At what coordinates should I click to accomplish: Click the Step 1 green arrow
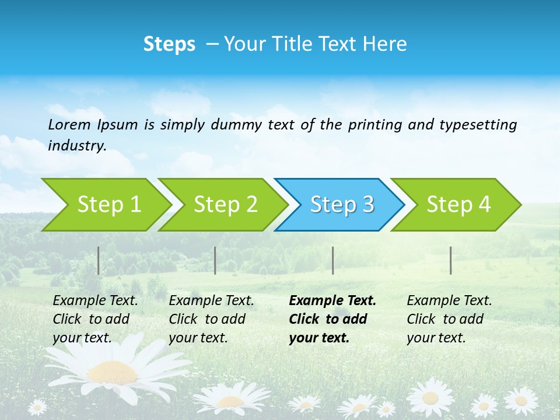click(x=108, y=205)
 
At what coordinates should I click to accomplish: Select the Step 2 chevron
click(x=225, y=205)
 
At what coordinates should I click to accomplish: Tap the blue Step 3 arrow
click(x=342, y=205)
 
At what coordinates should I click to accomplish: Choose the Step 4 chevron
click(x=459, y=205)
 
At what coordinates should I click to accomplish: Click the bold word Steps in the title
click(x=169, y=44)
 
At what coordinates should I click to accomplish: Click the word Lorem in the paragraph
click(x=69, y=124)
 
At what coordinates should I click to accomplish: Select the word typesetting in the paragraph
click(x=478, y=124)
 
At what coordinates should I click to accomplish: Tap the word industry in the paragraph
click(x=76, y=146)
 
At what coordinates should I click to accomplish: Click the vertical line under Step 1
click(x=99, y=260)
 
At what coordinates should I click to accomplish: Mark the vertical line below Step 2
click(x=215, y=260)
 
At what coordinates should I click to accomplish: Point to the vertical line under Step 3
click(x=332, y=260)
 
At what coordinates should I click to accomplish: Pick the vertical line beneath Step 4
click(x=451, y=260)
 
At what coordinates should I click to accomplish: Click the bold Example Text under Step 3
click(x=332, y=301)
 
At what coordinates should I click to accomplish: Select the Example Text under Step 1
click(x=95, y=301)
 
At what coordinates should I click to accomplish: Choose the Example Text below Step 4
click(x=449, y=301)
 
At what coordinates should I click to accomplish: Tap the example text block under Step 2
click(x=211, y=319)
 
